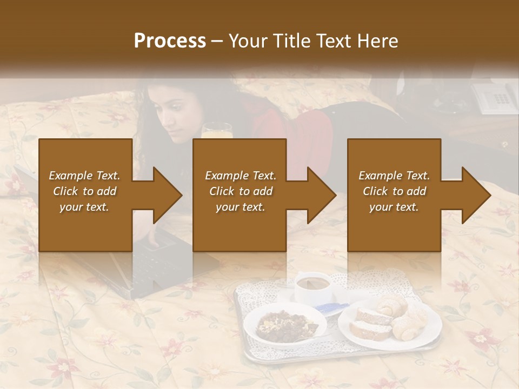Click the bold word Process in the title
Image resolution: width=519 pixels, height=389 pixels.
170,41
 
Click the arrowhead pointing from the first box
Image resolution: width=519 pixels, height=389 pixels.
167,195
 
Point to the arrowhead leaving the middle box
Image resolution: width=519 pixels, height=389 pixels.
321,195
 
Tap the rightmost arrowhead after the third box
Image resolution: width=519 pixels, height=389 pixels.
475,195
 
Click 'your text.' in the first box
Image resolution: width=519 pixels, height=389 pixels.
84,207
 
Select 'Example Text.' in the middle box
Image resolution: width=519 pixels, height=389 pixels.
241,176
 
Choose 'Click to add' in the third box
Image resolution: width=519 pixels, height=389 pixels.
395,191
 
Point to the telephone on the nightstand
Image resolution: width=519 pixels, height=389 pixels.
495,97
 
